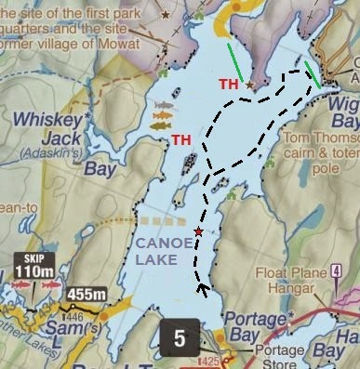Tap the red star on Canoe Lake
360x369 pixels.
pyautogui.click(x=198, y=231)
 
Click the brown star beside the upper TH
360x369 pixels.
pyautogui.click(x=249, y=85)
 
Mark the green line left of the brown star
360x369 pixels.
pyautogui.click(x=240, y=62)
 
